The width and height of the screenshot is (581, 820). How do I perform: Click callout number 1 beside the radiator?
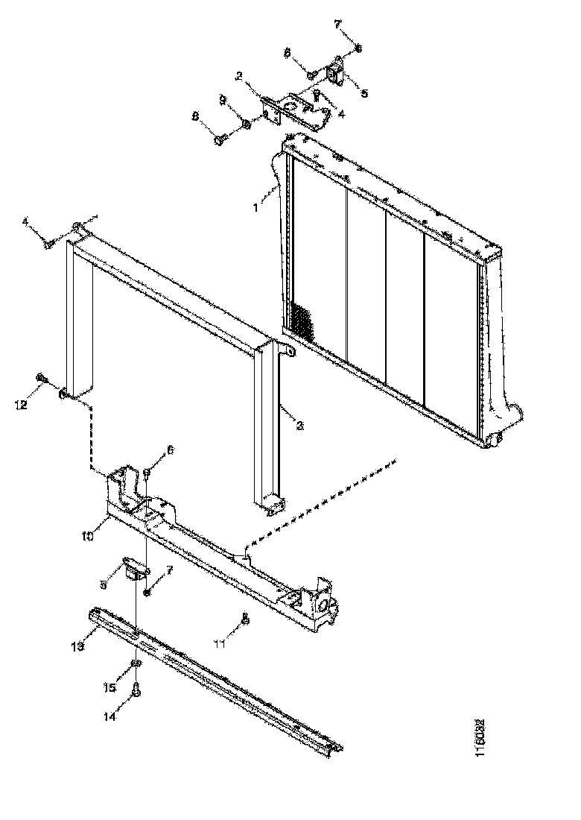[255, 208]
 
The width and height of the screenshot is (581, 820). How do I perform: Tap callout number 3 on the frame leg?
[299, 425]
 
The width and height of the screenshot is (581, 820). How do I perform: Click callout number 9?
[222, 99]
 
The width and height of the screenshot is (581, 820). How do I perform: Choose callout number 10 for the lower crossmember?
[86, 535]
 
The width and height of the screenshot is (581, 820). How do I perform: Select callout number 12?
[21, 405]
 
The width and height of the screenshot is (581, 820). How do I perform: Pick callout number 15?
[110, 687]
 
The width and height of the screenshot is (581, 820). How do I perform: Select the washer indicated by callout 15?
[136, 663]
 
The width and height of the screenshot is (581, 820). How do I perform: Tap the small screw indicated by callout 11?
[245, 617]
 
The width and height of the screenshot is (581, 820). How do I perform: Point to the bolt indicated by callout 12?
[43, 379]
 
